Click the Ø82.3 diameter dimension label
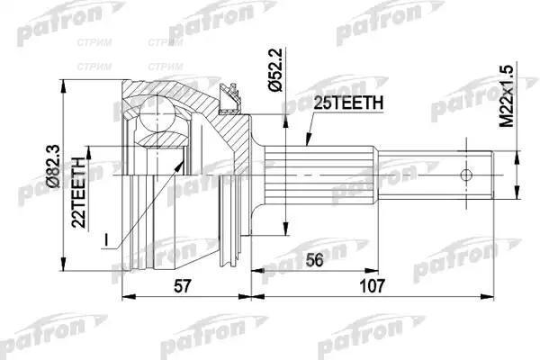(54, 166)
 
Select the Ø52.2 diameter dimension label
(276, 70)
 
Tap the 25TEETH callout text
(348, 103)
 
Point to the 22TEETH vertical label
(79, 193)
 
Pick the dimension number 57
(182, 285)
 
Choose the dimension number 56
(314, 260)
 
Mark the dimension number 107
(372, 285)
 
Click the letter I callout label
(106, 240)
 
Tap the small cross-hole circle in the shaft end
(466, 175)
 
